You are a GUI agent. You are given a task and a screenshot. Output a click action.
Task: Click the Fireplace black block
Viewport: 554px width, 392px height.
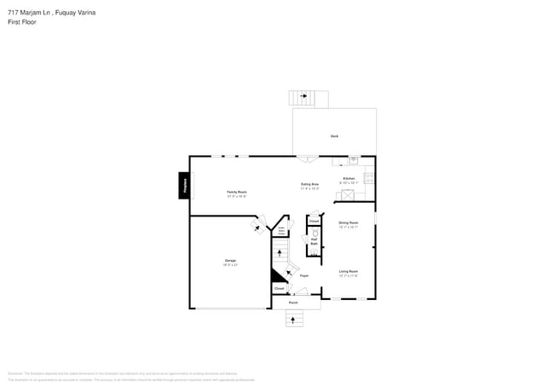(183, 186)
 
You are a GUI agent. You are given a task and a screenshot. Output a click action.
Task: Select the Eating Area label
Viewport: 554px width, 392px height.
(309, 186)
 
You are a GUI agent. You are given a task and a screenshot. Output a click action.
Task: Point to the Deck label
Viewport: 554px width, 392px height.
(334, 136)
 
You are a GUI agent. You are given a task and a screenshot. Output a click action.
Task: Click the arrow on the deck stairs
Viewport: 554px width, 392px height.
(303, 96)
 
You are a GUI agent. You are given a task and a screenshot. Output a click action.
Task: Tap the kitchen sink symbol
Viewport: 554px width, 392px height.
(354, 159)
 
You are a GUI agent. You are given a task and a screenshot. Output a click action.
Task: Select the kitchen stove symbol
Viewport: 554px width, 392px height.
(369, 178)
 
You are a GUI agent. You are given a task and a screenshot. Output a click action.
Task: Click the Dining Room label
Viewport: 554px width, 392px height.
(349, 224)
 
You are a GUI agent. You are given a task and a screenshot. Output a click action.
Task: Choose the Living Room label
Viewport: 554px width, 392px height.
(349, 273)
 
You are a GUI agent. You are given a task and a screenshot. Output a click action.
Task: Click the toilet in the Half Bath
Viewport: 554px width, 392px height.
(314, 233)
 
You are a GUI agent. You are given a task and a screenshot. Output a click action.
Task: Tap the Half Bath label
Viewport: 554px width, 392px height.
(314, 243)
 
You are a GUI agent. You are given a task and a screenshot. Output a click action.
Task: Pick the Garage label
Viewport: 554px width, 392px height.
(230, 262)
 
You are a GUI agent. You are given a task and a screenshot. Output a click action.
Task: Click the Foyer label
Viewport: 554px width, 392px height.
(303, 276)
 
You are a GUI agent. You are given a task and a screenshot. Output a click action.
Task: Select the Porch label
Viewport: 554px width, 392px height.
(293, 303)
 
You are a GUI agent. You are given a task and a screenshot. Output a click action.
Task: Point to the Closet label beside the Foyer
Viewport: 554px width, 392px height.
(279, 289)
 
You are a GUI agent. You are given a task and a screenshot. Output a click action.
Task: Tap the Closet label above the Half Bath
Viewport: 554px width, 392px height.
(314, 221)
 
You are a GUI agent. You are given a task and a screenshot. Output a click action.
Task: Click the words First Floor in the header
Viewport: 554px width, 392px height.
(22, 22)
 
